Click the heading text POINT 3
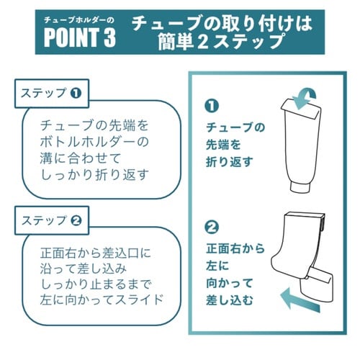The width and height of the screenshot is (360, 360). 79,38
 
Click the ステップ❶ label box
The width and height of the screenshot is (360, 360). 51,94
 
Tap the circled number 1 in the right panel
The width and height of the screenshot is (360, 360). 212,107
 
